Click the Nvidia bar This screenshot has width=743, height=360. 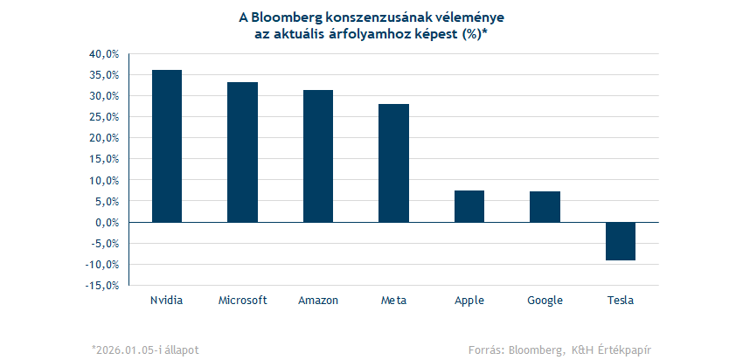(x=167, y=146)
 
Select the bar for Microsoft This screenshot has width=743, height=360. (x=242, y=152)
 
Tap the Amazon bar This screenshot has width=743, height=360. (x=318, y=156)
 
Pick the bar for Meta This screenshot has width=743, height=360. (x=393, y=163)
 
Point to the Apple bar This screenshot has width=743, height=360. (x=469, y=206)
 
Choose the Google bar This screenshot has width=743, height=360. (x=545, y=207)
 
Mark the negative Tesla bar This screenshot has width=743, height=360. (x=621, y=241)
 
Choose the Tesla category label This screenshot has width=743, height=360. (x=621, y=301)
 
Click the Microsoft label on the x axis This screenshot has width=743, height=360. (x=242, y=301)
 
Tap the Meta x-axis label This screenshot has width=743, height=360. (x=393, y=301)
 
